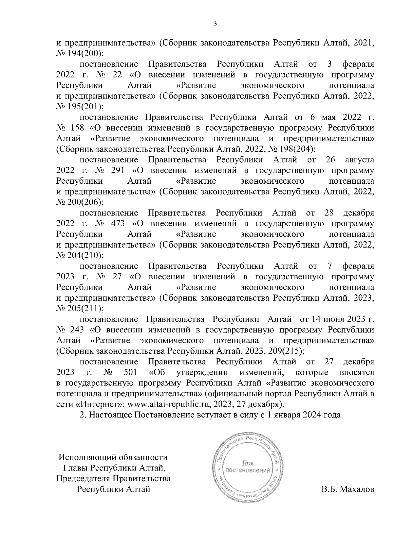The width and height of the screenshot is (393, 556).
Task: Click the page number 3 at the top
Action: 215,24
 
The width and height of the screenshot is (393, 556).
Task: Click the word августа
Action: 359,160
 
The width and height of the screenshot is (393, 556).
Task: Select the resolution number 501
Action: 131,372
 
